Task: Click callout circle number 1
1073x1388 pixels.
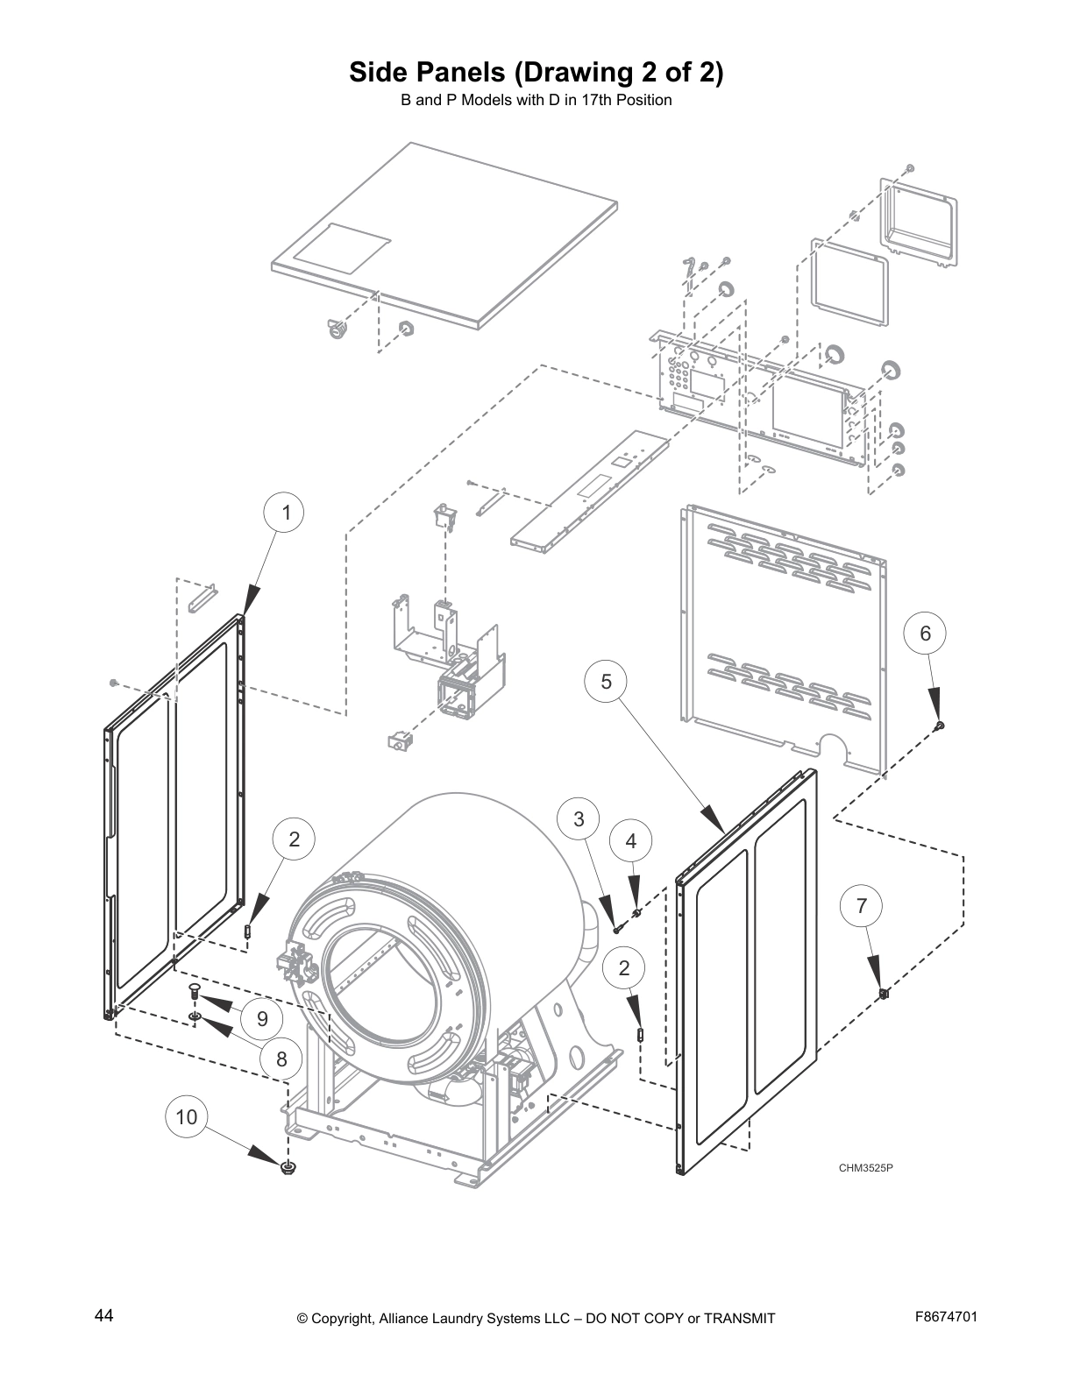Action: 286,513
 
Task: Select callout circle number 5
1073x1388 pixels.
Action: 607,681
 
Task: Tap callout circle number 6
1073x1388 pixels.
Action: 925,633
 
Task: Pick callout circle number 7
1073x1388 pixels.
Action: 862,905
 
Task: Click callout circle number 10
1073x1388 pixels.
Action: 187,1117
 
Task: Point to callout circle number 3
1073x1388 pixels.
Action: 579,819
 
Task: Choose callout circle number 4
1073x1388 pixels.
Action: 631,841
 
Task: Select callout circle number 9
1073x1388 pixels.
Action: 262,1018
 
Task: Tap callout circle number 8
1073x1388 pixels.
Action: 281,1059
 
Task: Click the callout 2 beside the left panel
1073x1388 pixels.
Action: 295,839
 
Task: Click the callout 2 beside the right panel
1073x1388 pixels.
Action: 624,968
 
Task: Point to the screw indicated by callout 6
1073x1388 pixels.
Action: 940,725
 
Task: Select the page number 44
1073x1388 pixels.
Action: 103,1315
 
